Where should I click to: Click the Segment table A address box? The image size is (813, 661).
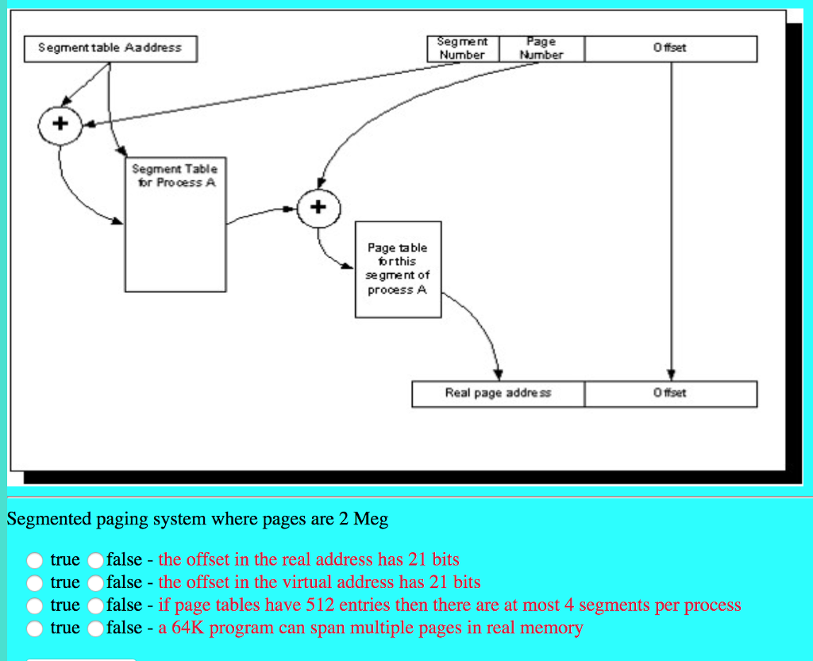[x=110, y=48]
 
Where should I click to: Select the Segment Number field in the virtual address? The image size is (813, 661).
[x=463, y=48]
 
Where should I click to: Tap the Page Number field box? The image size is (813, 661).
[x=541, y=48]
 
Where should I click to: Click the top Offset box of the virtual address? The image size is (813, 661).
[x=671, y=48]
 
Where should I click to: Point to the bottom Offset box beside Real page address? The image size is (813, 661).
[x=671, y=394]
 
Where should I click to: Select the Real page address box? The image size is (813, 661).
[x=498, y=394]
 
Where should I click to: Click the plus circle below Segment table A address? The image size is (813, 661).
[x=61, y=125]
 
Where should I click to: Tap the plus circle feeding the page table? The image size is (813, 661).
[x=318, y=208]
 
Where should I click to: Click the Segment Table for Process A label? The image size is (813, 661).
[x=174, y=175]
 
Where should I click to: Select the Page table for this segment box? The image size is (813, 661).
[x=398, y=269]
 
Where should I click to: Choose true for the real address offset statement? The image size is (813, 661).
[x=35, y=560]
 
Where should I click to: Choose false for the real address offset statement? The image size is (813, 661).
[x=96, y=560]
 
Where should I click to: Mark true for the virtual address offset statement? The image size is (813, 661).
[x=35, y=583]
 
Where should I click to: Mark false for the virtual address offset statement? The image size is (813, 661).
[x=96, y=583]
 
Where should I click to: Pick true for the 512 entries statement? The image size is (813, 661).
[x=35, y=606]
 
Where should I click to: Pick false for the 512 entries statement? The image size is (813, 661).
[x=96, y=606]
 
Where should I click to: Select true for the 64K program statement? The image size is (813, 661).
[x=35, y=628]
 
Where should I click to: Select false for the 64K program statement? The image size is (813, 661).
[x=96, y=628]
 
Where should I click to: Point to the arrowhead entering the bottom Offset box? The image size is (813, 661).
[x=671, y=375]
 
